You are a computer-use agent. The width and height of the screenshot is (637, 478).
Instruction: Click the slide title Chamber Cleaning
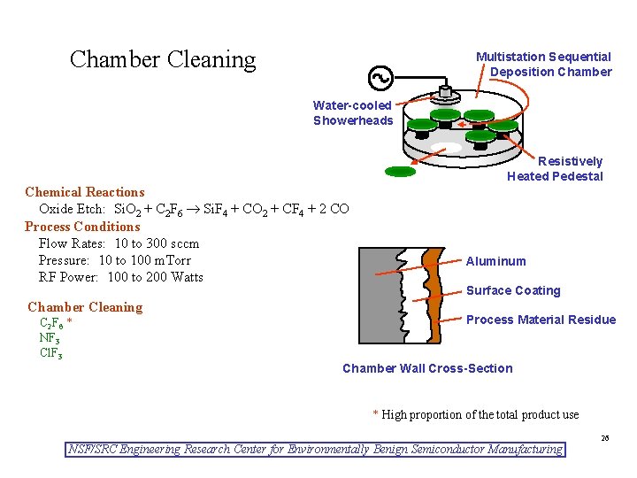tap(163, 60)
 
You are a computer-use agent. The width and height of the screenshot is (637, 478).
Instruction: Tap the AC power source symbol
tap(381, 79)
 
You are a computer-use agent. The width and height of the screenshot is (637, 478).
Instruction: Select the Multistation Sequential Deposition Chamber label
tap(544, 64)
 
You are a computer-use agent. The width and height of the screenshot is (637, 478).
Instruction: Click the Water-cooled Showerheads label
tap(352, 112)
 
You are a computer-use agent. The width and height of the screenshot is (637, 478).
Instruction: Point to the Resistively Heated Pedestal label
tap(555, 168)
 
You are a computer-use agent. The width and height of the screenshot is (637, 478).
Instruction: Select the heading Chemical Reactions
tap(85, 192)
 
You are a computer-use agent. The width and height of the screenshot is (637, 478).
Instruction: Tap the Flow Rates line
tap(119, 243)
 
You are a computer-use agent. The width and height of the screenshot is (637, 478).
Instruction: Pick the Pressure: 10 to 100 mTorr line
tap(114, 260)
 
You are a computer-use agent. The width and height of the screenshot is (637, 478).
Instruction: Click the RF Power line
tap(120, 277)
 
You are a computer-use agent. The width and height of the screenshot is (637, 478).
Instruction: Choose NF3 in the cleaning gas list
tap(50, 337)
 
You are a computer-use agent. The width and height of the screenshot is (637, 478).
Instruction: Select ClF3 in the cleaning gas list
tap(50, 353)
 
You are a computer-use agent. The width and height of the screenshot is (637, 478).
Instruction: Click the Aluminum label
tap(495, 261)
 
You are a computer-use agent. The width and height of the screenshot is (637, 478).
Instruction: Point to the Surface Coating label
tap(513, 290)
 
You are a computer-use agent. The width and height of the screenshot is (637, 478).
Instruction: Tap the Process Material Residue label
tap(541, 320)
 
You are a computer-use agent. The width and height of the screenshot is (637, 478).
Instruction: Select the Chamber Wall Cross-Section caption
tap(426, 368)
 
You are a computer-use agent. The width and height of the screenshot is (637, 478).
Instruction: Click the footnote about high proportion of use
tap(476, 415)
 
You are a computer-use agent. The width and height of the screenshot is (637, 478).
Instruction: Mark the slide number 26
tap(605, 438)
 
